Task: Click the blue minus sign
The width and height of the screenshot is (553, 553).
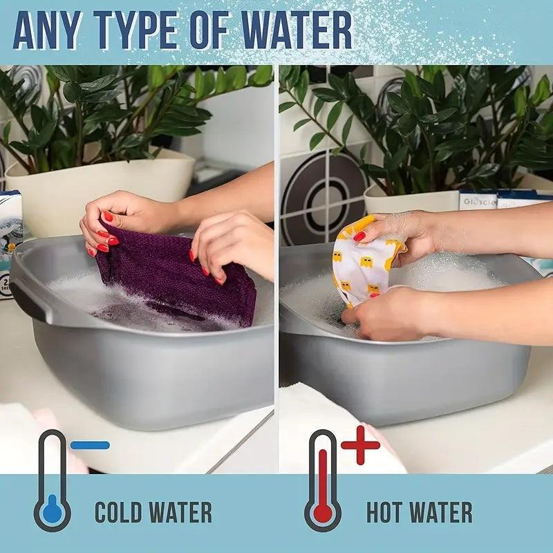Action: click(x=90, y=445)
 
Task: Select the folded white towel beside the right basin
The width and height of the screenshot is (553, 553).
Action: click(x=332, y=429)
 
